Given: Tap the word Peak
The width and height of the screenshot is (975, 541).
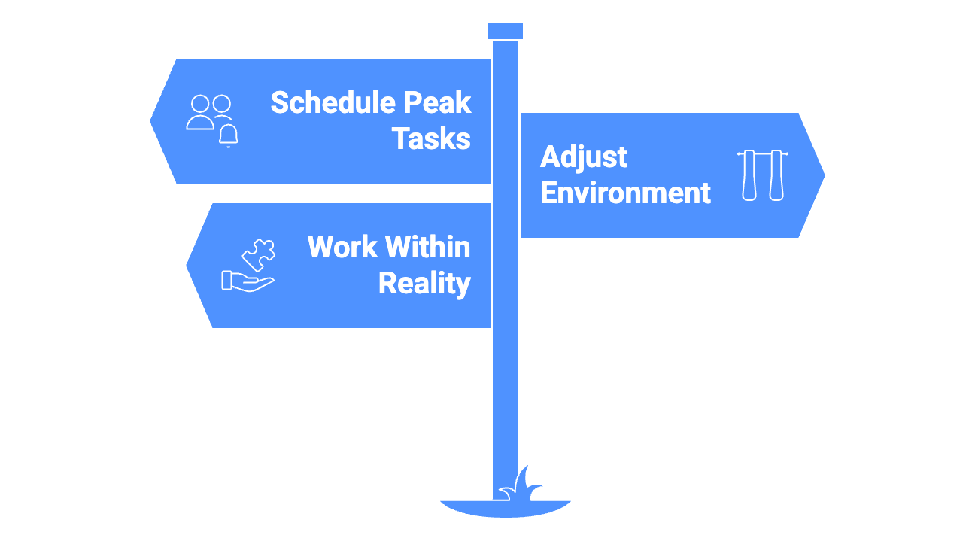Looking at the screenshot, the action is pos(439,102).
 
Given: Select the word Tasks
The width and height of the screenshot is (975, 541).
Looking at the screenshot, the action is pos(431,138).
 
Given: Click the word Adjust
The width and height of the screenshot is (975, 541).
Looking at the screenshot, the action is pos(584,157).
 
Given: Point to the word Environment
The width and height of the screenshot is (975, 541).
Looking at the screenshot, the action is pos(625,193).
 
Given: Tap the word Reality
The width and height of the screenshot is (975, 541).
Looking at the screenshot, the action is pos(424,283).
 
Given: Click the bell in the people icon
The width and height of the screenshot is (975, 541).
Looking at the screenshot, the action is pos(228,135).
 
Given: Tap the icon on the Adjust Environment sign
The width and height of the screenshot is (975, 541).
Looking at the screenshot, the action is pos(762,175).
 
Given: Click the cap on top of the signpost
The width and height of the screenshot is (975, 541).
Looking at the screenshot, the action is pos(506,31).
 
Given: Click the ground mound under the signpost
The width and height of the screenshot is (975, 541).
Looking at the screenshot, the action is pos(506,509).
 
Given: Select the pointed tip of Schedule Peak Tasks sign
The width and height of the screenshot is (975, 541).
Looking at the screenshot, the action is pos(153,120).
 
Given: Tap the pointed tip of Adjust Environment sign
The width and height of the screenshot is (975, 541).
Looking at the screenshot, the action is pos(822,175).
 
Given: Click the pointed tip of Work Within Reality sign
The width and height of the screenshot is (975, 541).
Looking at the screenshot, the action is pos(189,265).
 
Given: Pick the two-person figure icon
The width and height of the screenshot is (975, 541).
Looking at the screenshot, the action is pos(208,112).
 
